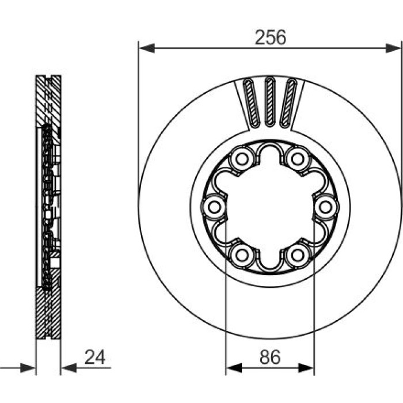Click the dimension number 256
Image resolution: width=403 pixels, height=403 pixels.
pos(270,37)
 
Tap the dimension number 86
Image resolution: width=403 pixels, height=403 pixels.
pos(270,358)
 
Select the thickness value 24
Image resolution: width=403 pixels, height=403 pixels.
pos(95,358)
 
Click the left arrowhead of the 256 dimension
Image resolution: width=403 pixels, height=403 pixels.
pos(147,48)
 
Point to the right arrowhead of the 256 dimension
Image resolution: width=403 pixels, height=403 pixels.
pos(393,48)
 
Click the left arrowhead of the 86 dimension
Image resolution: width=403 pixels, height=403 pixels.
pos(234,368)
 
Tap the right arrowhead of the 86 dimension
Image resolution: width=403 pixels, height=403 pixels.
pos(306,368)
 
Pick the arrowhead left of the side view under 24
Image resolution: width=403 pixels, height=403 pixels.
pos(28,368)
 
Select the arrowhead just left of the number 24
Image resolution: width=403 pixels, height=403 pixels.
pos(69,368)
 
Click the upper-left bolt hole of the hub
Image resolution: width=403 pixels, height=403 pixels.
pos(242,159)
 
